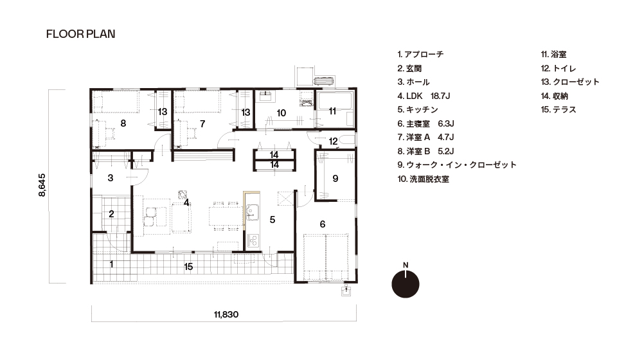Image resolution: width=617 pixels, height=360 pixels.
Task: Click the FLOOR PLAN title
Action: (81, 34)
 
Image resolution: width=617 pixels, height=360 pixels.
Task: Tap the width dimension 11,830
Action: (226, 315)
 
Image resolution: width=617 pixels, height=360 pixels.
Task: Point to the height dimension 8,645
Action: (42, 185)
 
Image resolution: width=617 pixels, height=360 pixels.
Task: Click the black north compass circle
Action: (406, 284)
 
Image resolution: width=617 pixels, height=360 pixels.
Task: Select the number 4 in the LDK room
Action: (186, 203)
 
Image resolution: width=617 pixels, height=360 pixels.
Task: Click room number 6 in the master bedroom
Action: (323, 224)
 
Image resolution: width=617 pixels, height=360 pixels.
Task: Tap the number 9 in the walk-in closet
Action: (335, 179)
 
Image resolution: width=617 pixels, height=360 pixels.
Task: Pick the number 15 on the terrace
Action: (188, 267)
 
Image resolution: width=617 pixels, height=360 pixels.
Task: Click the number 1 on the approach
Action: (111, 264)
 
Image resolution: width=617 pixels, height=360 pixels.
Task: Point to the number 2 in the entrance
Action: (111, 213)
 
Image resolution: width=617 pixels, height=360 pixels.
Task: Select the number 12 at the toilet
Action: (334, 141)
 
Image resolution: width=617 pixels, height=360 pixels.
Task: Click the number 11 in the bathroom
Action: (332, 111)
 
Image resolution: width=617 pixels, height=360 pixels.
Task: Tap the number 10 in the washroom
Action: (281, 113)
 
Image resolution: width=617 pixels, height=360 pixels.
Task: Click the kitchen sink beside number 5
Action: (252, 212)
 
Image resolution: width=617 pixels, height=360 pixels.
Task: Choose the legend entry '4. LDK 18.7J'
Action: (424, 96)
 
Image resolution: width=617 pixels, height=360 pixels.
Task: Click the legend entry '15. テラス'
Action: (559, 110)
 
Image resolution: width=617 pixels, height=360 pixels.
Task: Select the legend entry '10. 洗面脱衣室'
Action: (423, 179)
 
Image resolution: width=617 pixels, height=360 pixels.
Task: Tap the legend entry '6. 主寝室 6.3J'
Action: (425, 123)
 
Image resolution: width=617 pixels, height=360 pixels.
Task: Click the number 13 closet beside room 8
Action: (163, 112)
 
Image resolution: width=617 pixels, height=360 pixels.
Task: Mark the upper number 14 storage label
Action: (274, 155)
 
